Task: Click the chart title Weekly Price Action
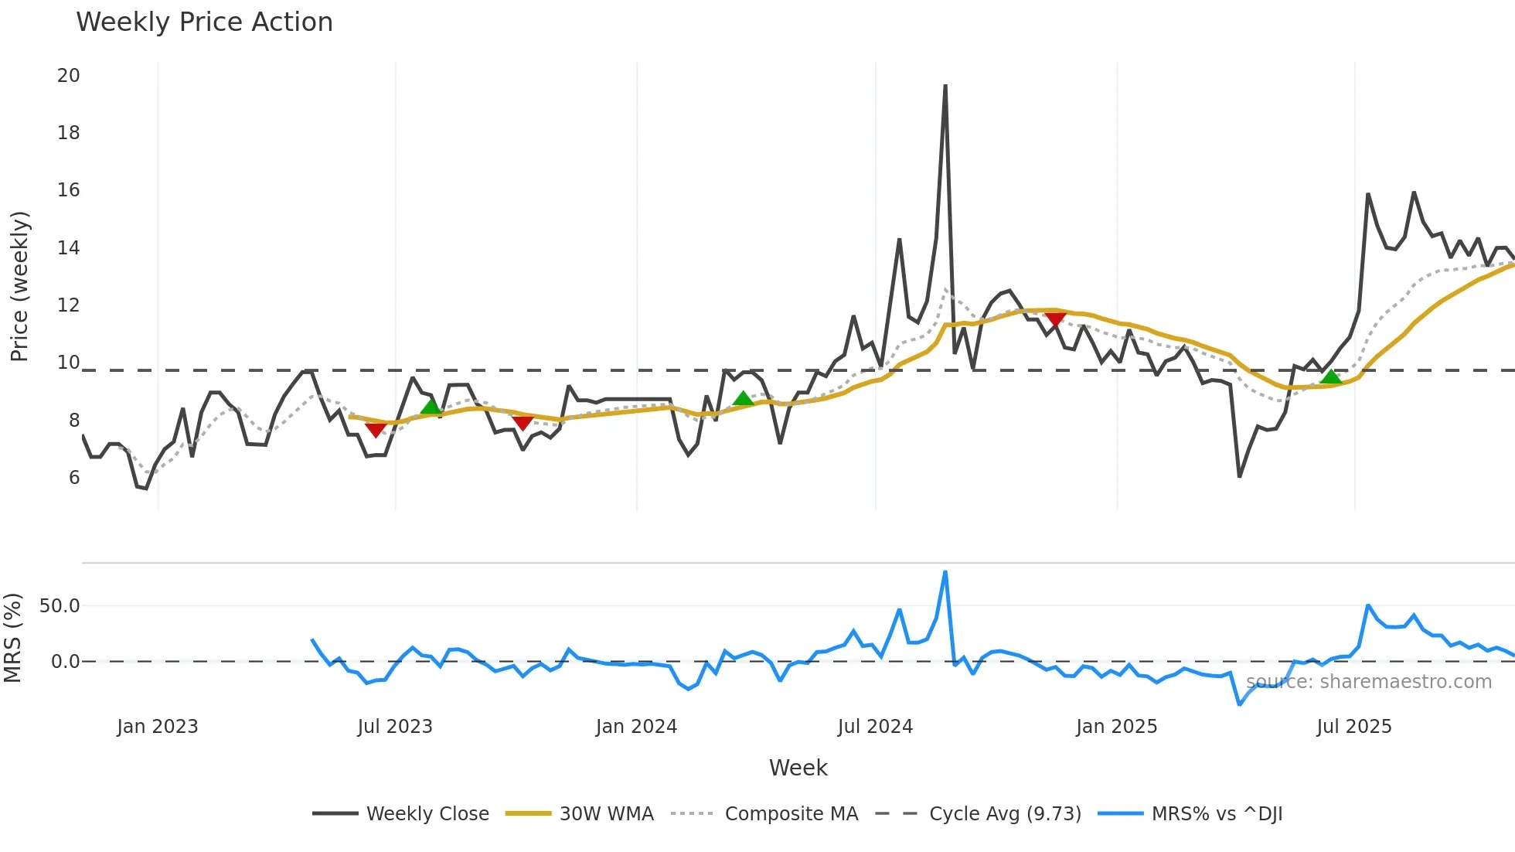204,22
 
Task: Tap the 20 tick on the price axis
68,76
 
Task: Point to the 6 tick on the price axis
74,478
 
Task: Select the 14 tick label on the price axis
68,248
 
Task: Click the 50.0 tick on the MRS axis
60,606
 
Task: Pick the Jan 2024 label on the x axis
636,727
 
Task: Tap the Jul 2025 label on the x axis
1353,727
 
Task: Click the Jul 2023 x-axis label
394,727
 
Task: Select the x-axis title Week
798,768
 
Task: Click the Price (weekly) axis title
19,286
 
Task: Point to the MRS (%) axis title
13,638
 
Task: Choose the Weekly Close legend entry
427,814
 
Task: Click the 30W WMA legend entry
606,814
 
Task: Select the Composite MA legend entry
791,814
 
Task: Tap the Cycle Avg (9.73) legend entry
1005,814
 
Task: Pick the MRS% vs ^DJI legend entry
1217,814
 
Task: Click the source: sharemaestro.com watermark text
1368,682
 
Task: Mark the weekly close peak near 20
945,87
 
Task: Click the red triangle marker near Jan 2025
1055,319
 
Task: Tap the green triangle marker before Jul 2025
1331,377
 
